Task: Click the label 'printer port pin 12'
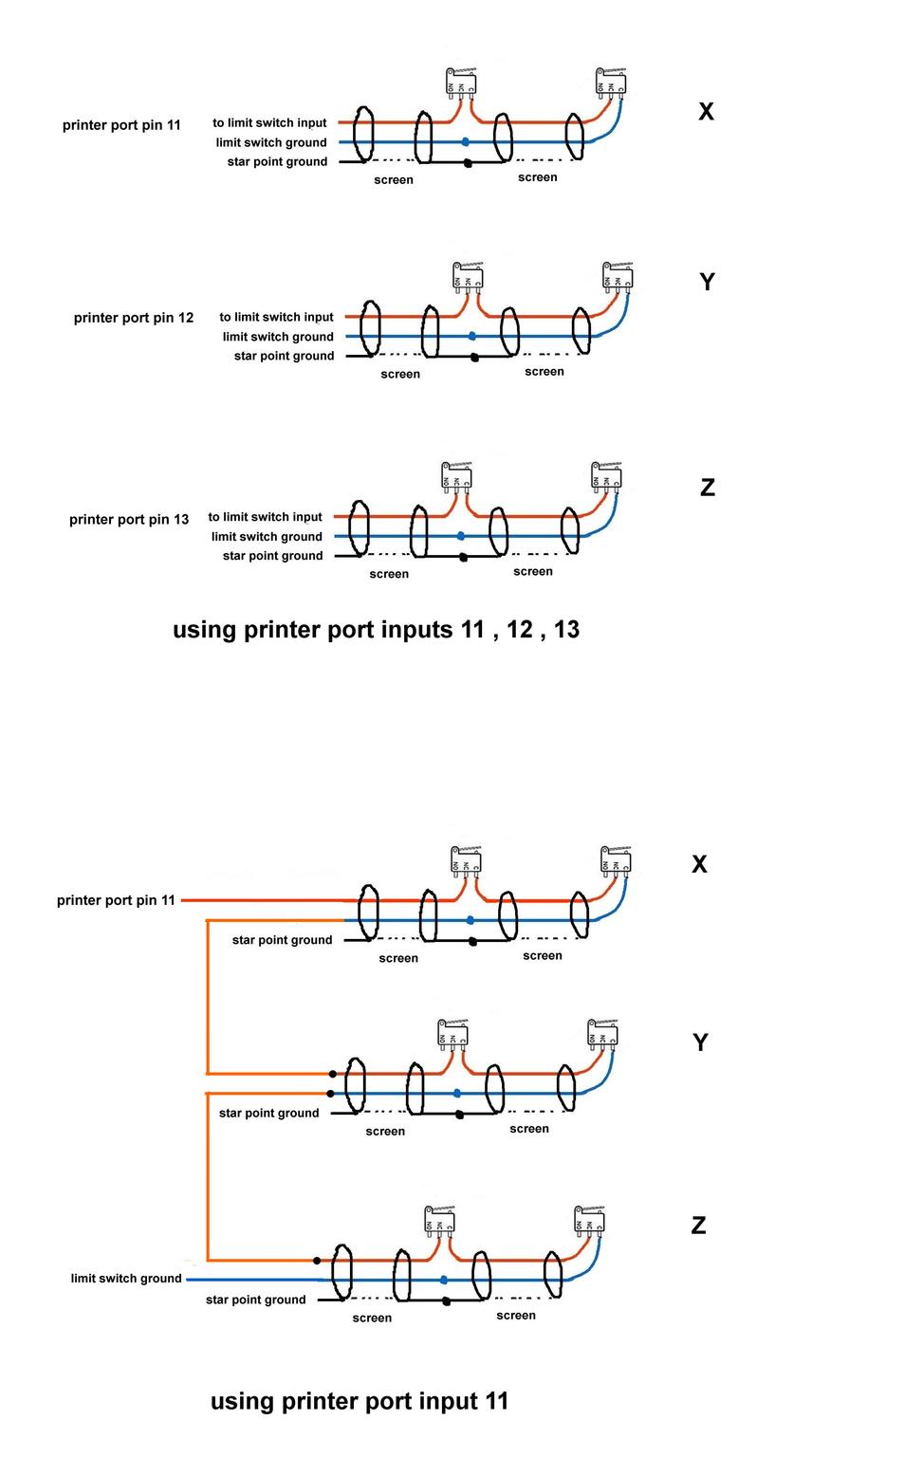tap(133, 318)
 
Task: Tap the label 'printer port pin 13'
tap(129, 519)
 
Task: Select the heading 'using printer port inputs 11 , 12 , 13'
tap(376, 630)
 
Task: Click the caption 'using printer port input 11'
tap(360, 1401)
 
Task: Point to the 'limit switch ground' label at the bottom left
tap(126, 1279)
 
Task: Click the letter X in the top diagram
tap(706, 112)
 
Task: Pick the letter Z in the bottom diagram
tap(698, 1226)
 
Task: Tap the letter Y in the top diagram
tap(707, 282)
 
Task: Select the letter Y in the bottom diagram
tap(700, 1042)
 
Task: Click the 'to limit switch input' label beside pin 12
tap(276, 317)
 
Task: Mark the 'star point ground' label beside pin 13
tap(272, 556)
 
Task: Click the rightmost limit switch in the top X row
tap(611, 83)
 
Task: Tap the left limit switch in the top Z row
tap(456, 476)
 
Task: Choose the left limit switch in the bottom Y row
tap(452, 1033)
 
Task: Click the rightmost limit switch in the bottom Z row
tap(589, 1220)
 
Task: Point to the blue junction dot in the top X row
tap(465, 142)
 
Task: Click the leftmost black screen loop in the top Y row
tap(372, 327)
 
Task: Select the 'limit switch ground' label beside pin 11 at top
tap(270, 142)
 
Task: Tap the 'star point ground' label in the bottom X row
tap(282, 940)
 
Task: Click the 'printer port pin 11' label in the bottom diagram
tap(116, 900)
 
